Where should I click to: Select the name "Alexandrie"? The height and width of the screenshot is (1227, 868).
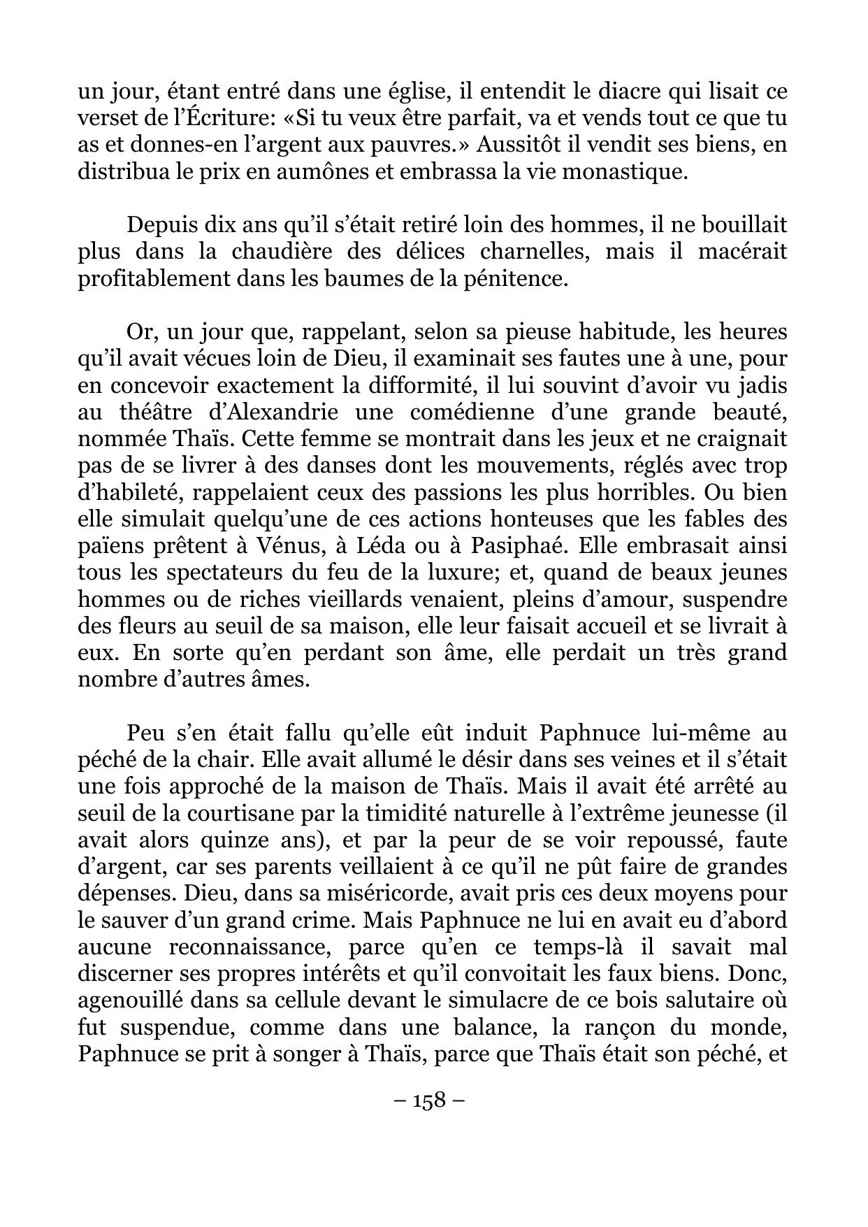point(274,412)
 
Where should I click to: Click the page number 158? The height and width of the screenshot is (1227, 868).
point(430,1100)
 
